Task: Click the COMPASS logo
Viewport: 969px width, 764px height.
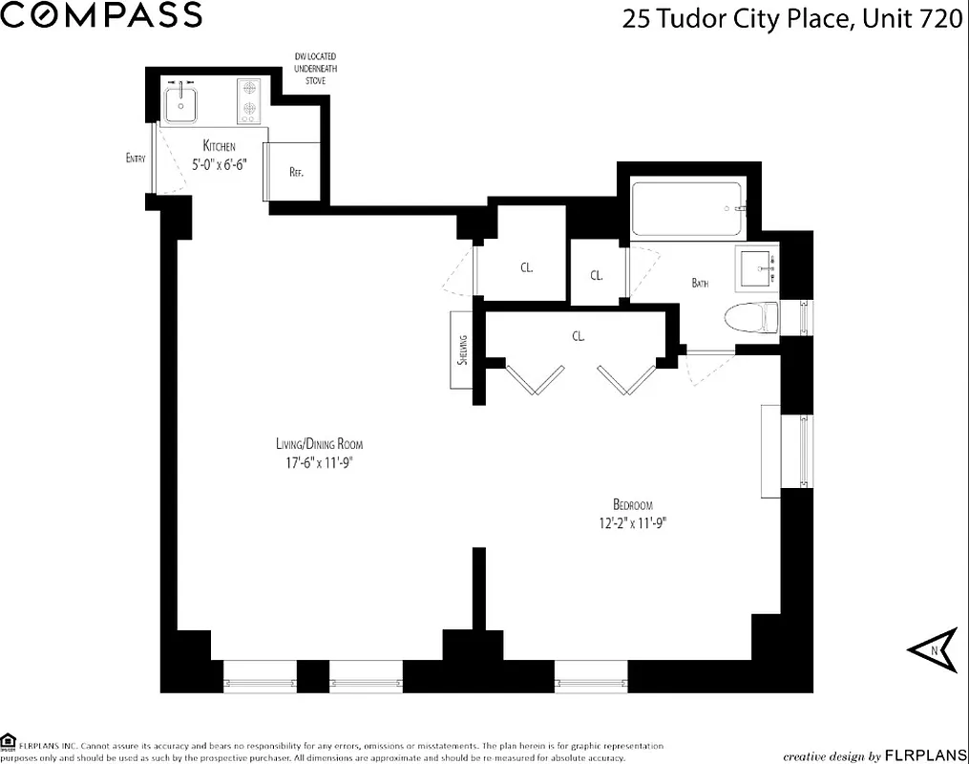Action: pyautogui.click(x=101, y=15)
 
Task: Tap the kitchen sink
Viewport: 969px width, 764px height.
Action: pyautogui.click(x=180, y=101)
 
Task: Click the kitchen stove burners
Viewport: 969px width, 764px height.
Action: pyautogui.click(x=249, y=100)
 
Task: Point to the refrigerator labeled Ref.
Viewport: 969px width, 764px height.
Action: pyautogui.click(x=296, y=173)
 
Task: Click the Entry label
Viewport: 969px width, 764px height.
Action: pyautogui.click(x=136, y=158)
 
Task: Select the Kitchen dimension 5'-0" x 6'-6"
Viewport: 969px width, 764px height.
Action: pyautogui.click(x=219, y=163)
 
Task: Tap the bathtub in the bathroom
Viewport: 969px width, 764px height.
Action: pyautogui.click(x=686, y=209)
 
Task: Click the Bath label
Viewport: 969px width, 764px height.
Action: pyautogui.click(x=700, y=283)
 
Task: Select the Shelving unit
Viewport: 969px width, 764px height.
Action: pyautogui.click(x=462, y=350)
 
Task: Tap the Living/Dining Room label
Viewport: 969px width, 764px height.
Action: pyautogui.click(x=319, y=444)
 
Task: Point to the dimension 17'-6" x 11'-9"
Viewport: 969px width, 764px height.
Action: pyautogui.click(x=319, y=462)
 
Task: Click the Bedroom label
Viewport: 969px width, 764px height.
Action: pyautogui.click(x=633, y=504)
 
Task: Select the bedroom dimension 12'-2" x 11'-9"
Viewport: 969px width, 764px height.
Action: pyautogui.click(x=633, y=522)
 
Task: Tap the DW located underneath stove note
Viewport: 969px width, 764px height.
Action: pyautogui.click(x=315, y=70)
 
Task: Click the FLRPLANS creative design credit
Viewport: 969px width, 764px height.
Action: pyautogui.click(x=872, y=755)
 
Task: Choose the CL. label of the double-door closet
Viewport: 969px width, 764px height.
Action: pyautogui.click(x=579, y=336)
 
